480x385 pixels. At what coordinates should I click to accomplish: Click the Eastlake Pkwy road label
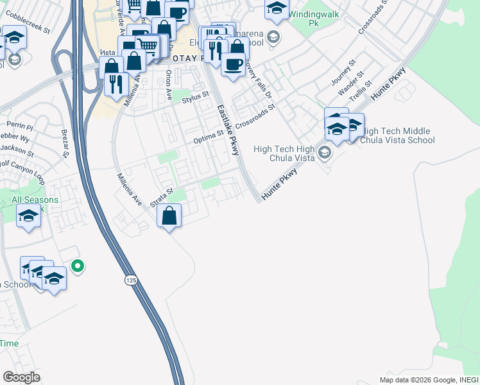pos(228,130)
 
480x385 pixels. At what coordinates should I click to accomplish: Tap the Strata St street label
pos(162,197)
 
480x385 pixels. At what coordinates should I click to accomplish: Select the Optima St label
pos(209,137)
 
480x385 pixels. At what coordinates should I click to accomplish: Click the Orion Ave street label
pos(169,85)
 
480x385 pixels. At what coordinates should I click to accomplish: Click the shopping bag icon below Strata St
pos(169,216)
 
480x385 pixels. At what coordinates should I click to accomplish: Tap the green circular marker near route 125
pos(78,264)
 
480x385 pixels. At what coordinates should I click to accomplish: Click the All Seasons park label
pos(35,200)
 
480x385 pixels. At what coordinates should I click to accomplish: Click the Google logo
pos(21,377)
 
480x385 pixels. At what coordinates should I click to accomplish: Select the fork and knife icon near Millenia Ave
pos(116,84)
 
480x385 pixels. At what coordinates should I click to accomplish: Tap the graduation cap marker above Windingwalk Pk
pos(277,8)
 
